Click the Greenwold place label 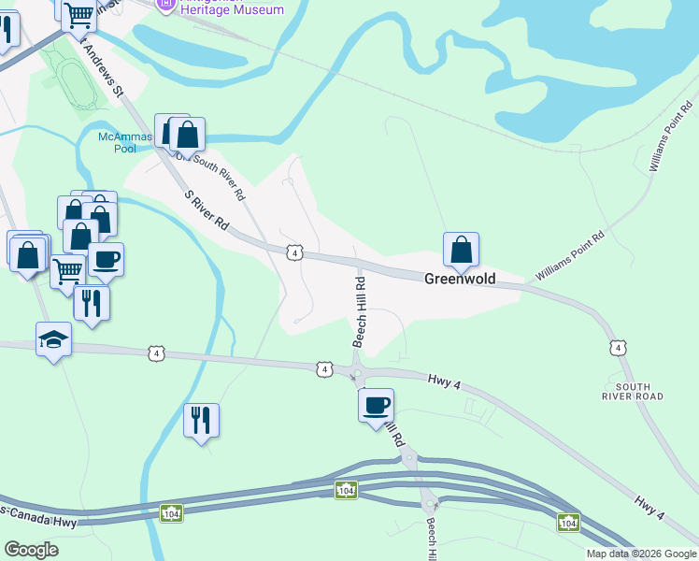(460, 279)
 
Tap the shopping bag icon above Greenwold (461, 250)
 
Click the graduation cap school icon (53, 340)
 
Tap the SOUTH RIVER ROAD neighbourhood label (633, 391)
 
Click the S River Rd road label (207, 212)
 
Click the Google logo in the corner (32, 550)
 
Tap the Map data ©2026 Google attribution (640, 554)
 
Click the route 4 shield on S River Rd (294, 252)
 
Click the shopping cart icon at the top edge (78, 12)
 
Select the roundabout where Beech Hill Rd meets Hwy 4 (357, 376)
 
